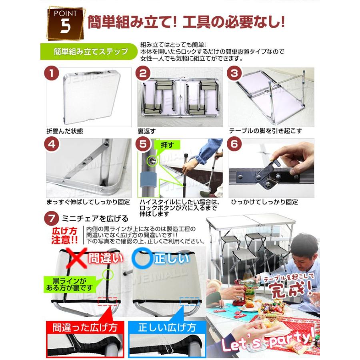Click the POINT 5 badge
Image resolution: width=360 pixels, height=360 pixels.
pos(66,24)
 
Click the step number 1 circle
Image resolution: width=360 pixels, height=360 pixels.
pos(52,74)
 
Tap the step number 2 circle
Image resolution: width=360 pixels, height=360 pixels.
pos(143,74)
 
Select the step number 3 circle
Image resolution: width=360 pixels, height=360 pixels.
pos(234,74)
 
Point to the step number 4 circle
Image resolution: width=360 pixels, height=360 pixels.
pos(52,144)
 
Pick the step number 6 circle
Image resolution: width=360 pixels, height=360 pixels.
pos(234,144)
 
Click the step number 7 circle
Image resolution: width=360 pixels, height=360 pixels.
pos(52,218)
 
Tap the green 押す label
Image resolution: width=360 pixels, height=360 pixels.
pos(167,145)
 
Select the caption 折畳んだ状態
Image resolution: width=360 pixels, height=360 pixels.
pos(64,131)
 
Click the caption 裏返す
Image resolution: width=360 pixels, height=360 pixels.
pos(146,131)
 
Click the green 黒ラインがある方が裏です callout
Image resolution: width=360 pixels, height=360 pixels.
pos(69,284)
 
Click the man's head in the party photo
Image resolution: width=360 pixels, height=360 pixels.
pos(303,248)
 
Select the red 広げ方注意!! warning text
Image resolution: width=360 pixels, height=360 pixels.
pos(65,236)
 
